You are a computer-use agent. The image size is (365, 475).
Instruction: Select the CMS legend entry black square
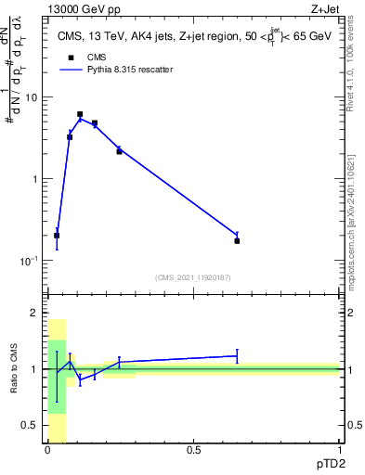click(x=68, y=57)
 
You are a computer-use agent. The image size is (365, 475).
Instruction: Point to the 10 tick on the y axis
click(x=33, y=97)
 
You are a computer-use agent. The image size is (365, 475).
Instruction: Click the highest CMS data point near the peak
click(x=80, y=114)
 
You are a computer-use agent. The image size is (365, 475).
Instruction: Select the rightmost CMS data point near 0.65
click(x=237, y=240)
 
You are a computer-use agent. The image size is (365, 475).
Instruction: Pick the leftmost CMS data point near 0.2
click(x=57, y=236)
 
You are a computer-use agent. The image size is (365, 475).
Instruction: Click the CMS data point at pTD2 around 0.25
click(x=119, y=151)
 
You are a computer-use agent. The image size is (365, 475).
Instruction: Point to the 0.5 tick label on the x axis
click(x=193, y=450)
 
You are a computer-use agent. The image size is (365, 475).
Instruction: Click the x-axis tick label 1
click(x=339, y=450)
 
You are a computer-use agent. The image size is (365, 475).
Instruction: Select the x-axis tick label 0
click(x=47, y=450)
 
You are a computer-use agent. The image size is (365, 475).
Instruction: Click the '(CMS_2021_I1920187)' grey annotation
click(x=193, y=276)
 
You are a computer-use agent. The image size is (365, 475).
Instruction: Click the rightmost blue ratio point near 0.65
click(x=237, y=355)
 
